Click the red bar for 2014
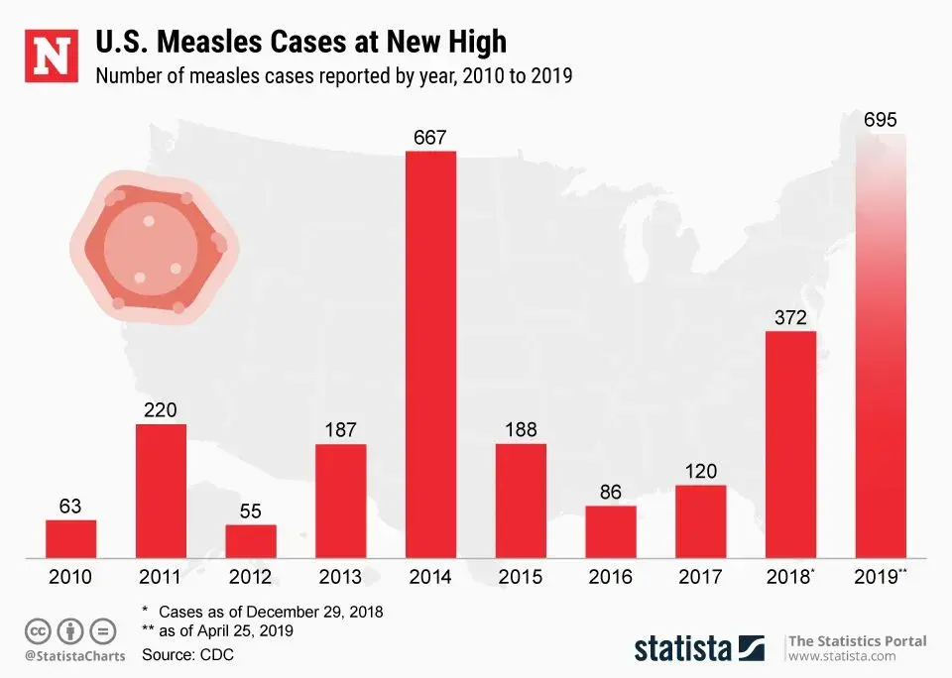pos(431,354)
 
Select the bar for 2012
pos(251,540)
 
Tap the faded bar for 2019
pos(881,347)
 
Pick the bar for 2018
pos(790,444)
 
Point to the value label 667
pos(430,137)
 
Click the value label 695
pos(881,120)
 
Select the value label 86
pos(611,491)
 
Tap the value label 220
pos(161,409)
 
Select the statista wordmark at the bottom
pos(683,648)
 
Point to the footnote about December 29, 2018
pos(263,611)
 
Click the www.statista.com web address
pos(842,656)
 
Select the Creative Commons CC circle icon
pos(38,630)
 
